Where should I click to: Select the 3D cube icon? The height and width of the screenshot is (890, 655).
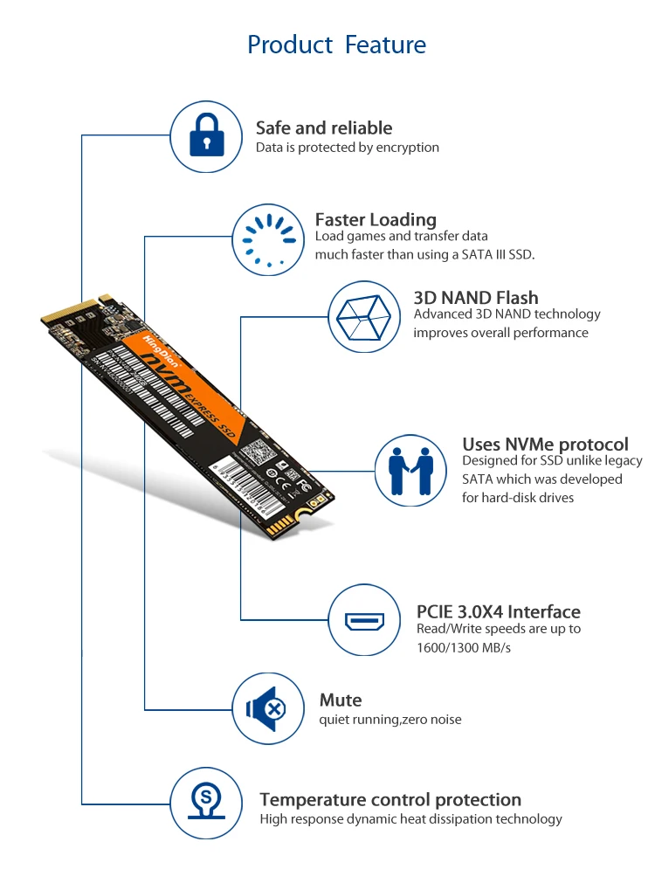coord(365,316)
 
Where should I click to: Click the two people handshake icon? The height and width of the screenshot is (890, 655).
coord(410,471)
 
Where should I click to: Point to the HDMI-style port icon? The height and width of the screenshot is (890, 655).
coord(365,621)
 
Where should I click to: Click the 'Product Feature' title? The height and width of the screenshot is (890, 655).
coord(336,45)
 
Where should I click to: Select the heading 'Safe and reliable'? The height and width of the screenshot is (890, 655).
coord(324,128)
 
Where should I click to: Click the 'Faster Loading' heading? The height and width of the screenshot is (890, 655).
coord(376,219)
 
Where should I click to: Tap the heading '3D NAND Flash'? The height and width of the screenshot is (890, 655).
coord(476,298)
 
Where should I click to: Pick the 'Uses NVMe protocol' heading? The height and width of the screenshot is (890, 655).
coord(545,445)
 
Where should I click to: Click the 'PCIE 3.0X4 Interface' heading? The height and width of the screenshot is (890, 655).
coord(499,611)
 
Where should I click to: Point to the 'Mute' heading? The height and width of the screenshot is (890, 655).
coord(341,700)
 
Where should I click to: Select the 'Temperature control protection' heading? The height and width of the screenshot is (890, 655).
coord(390,799)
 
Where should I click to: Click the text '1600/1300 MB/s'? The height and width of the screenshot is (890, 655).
coord(464,647)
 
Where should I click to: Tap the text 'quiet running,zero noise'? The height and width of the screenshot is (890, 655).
coord(390,720)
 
